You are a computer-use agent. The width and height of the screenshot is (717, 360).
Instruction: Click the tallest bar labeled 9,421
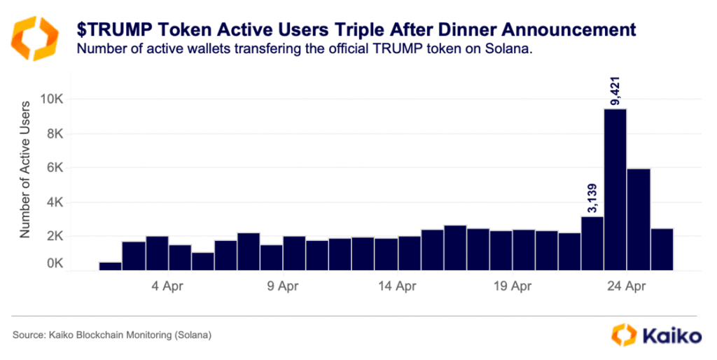tap(615, 189)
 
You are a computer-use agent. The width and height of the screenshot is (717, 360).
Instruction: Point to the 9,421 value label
tap(616, 90)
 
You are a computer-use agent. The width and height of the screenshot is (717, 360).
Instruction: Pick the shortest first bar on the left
tap(110, 266)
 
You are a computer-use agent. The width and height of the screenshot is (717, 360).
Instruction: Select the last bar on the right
tap(662, 249)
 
